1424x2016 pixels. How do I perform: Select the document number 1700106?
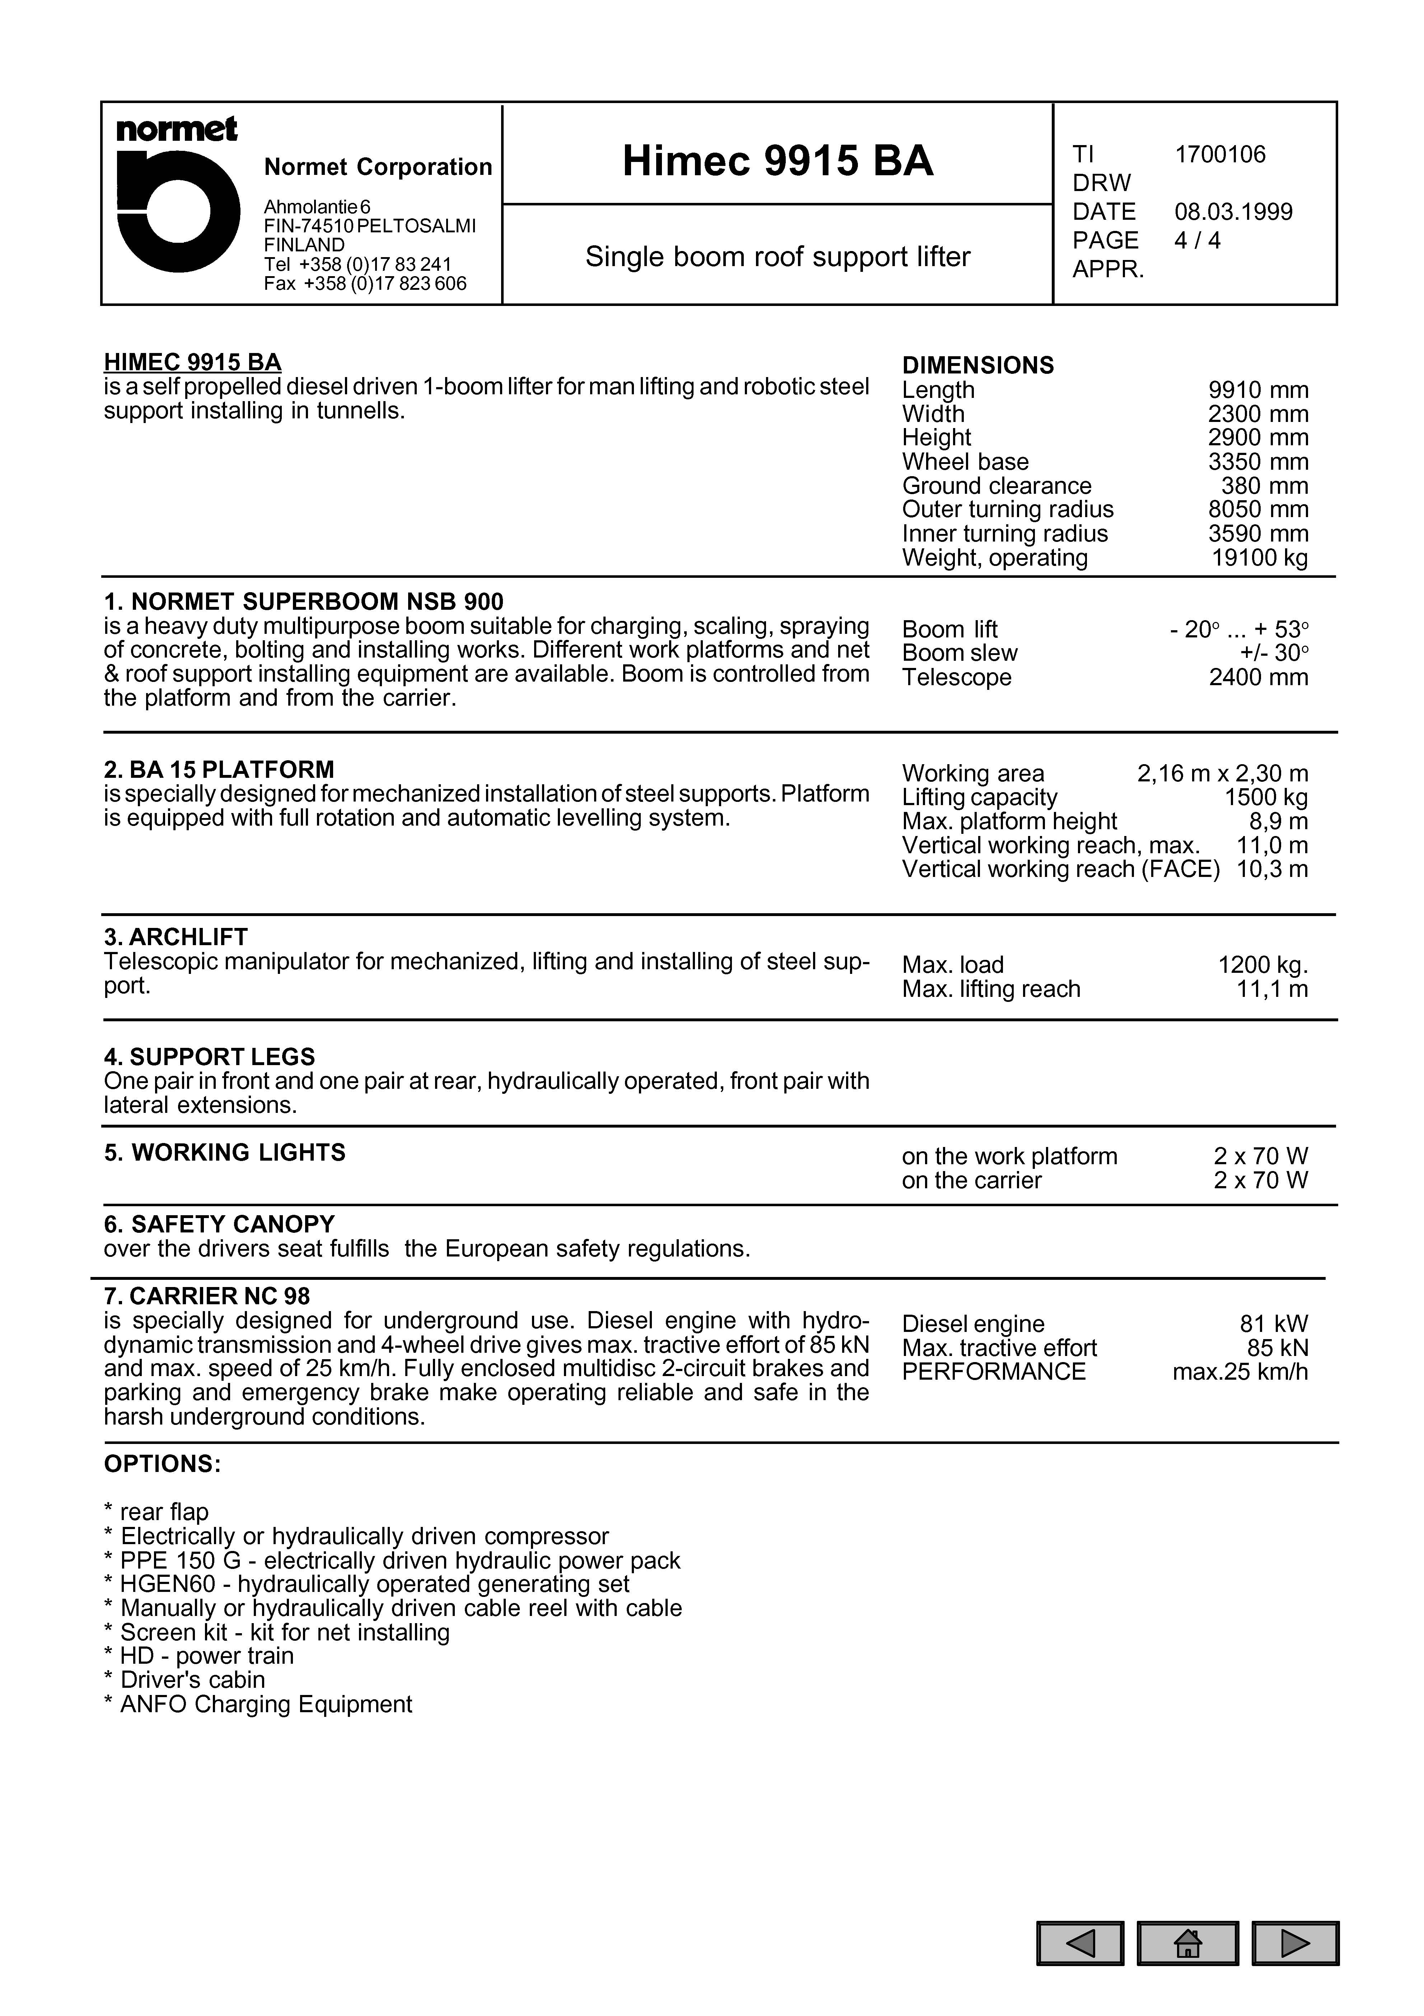click(1220, 154)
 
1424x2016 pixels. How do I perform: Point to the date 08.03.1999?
click(1233, 212)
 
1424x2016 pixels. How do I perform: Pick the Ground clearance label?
click(996, 486)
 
